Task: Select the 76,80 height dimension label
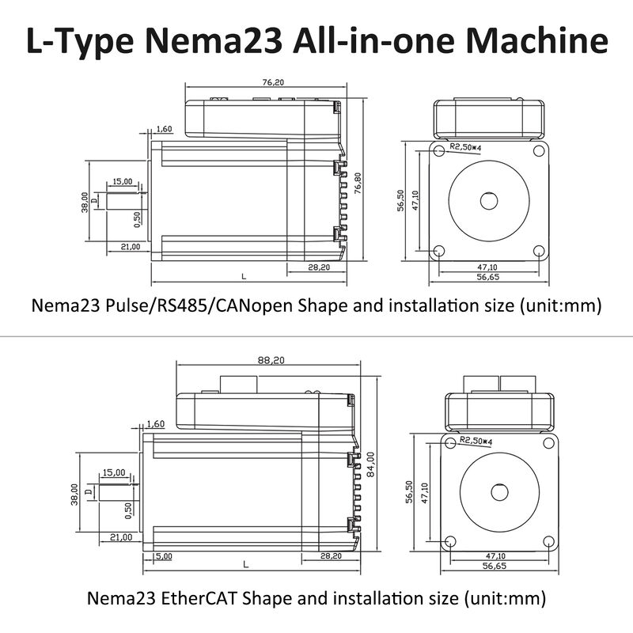pyautogui.click(x=358, y=183)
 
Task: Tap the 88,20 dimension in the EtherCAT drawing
pyautogui.click(x=270, y=360)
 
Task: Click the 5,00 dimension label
pyautogui.click(x=164, y=556)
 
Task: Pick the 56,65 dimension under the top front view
pyautogui.click(x=488, y=278)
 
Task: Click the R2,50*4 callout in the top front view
pyautogui.click(x=467, y=146)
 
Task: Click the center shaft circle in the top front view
pyautogui.click(x=488, y=199)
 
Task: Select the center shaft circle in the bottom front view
pyautogui.click(x=499, y=491)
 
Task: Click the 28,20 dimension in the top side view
pyautogui.click(x=318, y=267)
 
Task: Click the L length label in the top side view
pyautogui.click(x=244, y=276)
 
